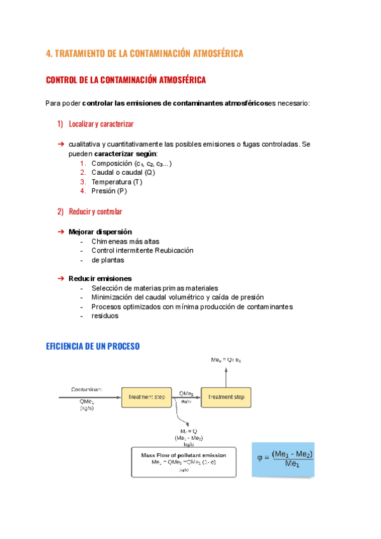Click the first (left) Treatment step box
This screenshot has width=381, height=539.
[x=147, y=397]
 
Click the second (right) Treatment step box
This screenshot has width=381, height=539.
[x=226, y=397]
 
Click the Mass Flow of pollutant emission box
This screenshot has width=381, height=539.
[x=184, y=462]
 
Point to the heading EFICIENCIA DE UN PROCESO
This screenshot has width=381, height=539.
[x=93, y=346]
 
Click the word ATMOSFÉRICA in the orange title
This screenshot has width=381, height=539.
[x=213, y=54]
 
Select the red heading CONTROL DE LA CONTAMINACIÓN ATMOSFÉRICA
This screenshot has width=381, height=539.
[x=126, y=81]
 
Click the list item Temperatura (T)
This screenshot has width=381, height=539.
[x=117, y=182]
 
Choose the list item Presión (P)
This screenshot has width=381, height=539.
[x=109, y=191]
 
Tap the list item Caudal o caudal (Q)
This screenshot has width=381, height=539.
[x=123, y=172]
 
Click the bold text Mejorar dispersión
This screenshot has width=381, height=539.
[x=100, y=232]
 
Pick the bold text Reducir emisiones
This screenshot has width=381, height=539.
[x=100, y=278]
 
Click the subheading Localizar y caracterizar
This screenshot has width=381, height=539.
[x=101, y=123]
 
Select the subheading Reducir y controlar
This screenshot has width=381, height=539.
[x=95, y=212]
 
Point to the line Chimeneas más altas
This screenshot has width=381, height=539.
[x=126, y=242]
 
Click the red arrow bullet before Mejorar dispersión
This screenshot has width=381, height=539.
[x=61, y=232]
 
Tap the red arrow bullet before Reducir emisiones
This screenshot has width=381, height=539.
[x=61, y=278]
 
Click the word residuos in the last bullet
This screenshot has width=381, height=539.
[x=105, y=316]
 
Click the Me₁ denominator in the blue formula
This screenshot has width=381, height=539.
[x=292, y=465]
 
